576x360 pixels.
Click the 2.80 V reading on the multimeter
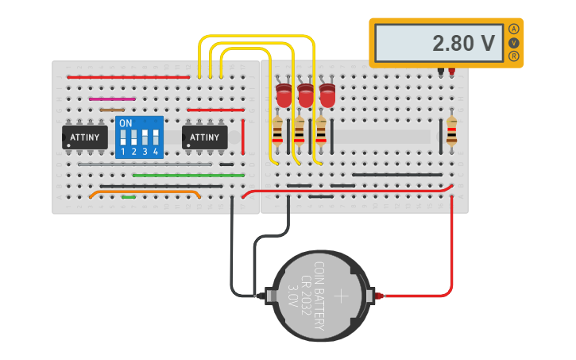[463, 43]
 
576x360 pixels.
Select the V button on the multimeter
[513, 42]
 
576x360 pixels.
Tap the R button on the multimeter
[513, 56]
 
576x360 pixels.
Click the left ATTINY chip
[85, 137]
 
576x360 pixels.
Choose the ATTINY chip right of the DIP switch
[205, 137]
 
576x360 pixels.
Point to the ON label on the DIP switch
[126, 124]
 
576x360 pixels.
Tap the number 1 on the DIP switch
[123, 151]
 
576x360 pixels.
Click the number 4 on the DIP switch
[156, 151]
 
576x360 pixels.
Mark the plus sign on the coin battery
[341, 296]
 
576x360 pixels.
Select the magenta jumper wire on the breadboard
[112, 99]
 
